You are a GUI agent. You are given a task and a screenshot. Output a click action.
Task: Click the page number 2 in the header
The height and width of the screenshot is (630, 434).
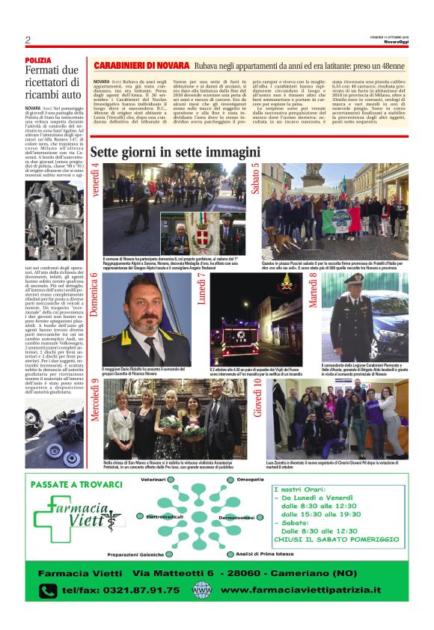[28, 40]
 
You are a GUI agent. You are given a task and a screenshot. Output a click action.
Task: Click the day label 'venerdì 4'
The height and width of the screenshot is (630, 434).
[95, 180]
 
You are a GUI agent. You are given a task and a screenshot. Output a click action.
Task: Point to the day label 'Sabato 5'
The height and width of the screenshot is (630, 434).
[255, 180]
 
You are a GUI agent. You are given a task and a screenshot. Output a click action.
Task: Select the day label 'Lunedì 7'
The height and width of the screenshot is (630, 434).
[201, 292]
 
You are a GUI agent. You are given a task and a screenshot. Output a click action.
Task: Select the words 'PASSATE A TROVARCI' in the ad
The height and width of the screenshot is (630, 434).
[76, 484]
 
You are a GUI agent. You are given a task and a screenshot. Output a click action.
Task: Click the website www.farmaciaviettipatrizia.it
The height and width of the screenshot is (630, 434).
[299, 590]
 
